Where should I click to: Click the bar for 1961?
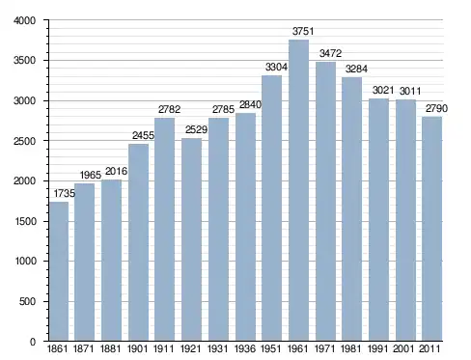pos(298,190)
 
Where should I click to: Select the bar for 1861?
pos(59,271)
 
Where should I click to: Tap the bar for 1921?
pos(191,239)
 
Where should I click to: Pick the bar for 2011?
pos(431,229)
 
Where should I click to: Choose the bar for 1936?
pos(245,227)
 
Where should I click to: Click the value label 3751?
pos(303,31)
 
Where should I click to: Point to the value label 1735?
pos(65,193)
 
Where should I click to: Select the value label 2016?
pos(116,171)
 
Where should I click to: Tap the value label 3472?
pos(330,53)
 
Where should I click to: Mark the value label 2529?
pos(196,129)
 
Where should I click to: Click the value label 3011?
pos(410,91)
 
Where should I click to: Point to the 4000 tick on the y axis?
pos(24,20)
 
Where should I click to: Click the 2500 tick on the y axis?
pos(24,141)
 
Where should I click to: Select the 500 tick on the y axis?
pos(27,301)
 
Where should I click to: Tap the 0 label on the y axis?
pos(33,342)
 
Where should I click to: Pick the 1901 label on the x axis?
pos(137,348)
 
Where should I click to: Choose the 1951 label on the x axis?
pos(270,348)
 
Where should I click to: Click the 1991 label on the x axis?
pos(377,348)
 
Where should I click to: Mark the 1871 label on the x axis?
pos(83,348)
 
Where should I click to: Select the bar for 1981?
pos(351,208)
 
